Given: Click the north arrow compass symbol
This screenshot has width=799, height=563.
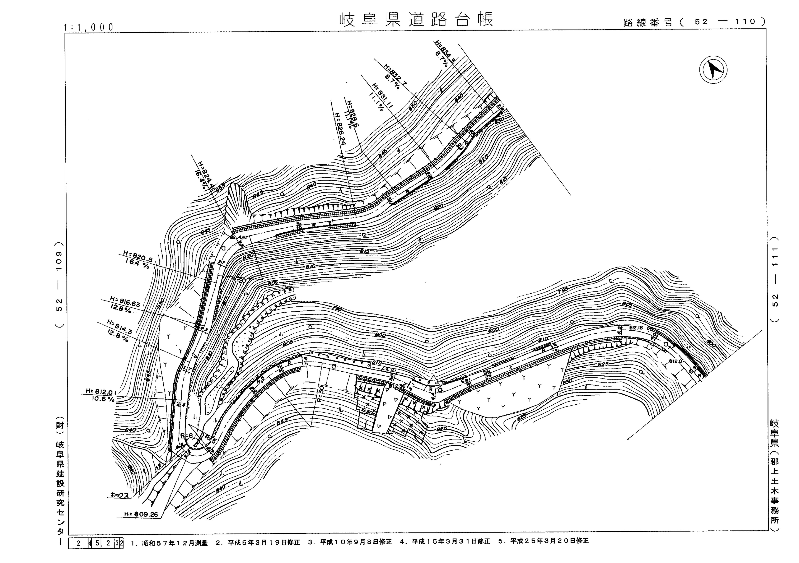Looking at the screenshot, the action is (x=713, y=70).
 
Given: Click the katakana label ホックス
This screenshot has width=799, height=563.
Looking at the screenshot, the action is (x=119, y=495).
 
